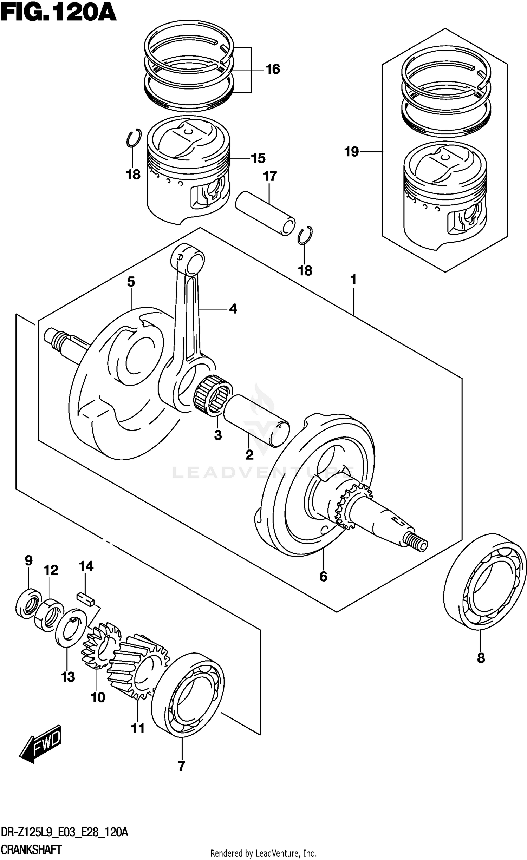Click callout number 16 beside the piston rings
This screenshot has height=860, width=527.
(272, 70)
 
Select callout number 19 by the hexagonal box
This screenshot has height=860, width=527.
(351, 152)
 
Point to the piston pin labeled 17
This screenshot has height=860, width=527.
(265, 213)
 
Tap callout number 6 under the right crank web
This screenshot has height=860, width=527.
(323, 576)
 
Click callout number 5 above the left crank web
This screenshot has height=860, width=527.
(131, 282)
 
